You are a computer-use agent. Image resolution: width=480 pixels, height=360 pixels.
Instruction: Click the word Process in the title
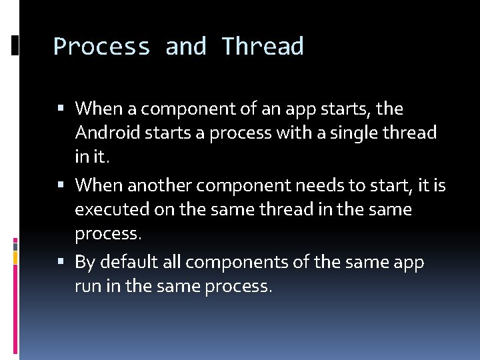click(x=102, y=47)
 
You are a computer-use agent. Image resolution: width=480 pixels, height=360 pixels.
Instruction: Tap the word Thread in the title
click(x=263, y=47)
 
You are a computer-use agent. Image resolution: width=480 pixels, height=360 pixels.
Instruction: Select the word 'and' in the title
click(x=186, y=47)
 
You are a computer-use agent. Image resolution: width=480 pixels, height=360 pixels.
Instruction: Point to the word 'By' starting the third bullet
click(x=85, y=263)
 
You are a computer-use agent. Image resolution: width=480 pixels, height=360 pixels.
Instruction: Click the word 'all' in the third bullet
click(x=172, y=263)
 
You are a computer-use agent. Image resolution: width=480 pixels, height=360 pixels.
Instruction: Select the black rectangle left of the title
click(x=15, y=45)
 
